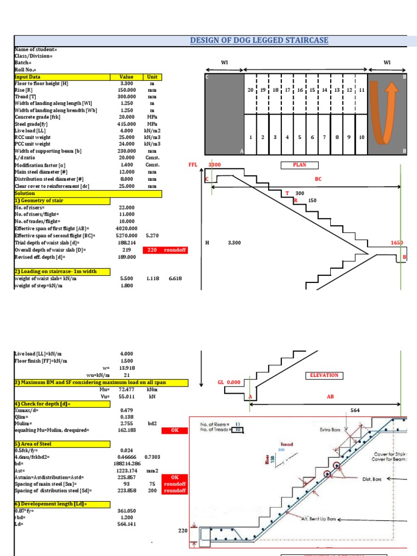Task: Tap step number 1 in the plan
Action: (x=250, y=137)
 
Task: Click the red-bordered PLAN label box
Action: (x=300, y=166)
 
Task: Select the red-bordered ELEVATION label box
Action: (x=324, y=375)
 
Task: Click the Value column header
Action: (x=125, y=77)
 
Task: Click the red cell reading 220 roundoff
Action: (x=165, y=250)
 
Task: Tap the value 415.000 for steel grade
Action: (x=125, y=124)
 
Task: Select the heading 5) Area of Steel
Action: (x=33, y=444)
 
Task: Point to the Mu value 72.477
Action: (x=125, y=390)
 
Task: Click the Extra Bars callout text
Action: (x=331, y=429)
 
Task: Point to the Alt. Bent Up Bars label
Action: (x=319, y=519)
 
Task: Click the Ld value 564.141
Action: (x=125, y=525)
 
